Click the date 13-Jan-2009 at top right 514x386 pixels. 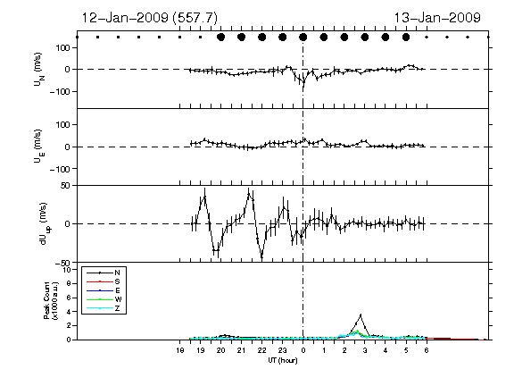(437, 17)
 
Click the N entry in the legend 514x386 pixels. (117, 273)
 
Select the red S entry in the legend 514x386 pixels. (117, 281)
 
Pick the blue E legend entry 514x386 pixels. (117, 290)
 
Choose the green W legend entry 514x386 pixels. (118, 299)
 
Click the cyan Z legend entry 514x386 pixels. (117, 308)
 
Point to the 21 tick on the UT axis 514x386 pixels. (241, 350)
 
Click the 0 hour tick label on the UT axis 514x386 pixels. (303, 350)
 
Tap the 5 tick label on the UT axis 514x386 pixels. (406, 350)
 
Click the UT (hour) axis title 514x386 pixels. (283, 360)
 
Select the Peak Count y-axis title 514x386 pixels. (51, 300)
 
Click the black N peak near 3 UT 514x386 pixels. (361, 315)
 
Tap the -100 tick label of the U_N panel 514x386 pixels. (60, 91)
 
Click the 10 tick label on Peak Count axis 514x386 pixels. (68, 270)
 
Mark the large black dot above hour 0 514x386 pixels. (303, 38)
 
